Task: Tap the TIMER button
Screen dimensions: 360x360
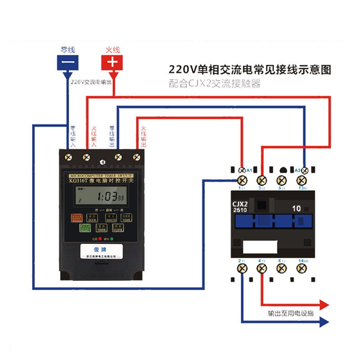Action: (x=101, y=228)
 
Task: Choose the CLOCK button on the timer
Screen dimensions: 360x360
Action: (x=118, y=228)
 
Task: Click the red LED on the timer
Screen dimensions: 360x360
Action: (x=99, y=238)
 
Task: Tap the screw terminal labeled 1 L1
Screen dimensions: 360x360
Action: (x=242, y=181)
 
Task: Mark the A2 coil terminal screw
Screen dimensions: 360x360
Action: (x=305, y=170)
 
